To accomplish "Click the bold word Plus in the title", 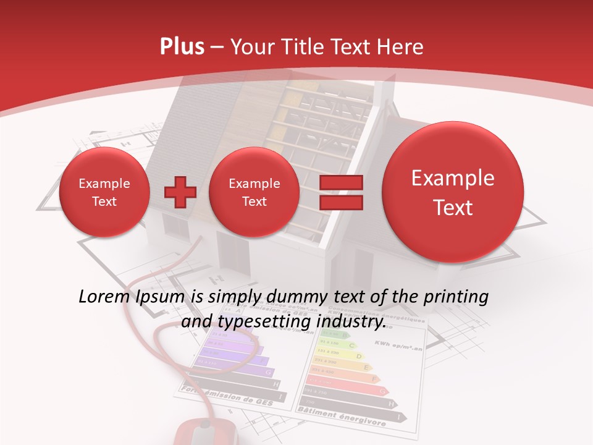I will coord(182,47).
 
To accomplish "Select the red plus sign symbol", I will coord(180,192).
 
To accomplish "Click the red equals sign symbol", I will coord(340,192).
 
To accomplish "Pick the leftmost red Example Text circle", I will coord(104,192).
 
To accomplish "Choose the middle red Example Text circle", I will coord(254,192).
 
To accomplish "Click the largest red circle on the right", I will coord(453,192).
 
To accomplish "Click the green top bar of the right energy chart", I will coord(328,334).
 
